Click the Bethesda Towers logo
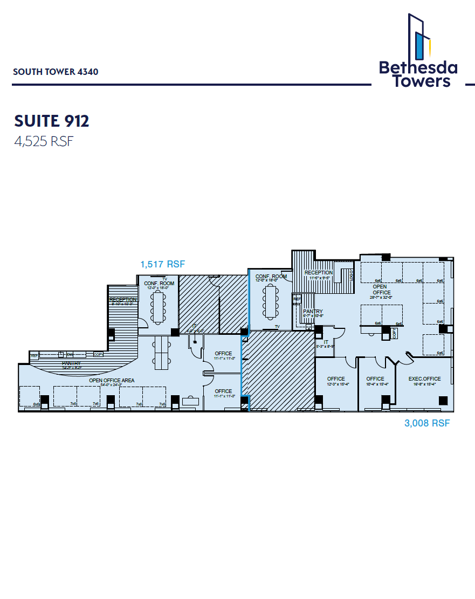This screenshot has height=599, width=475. click(418, 51)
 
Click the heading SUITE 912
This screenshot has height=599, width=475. click(52, 121)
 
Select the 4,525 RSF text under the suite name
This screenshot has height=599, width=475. click(43, 142)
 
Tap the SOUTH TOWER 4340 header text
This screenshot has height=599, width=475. click(56, 72)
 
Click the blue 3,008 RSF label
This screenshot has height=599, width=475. click(427, 423)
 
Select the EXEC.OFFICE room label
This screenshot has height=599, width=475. click(424, 379)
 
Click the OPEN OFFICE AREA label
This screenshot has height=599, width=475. click(112, 381)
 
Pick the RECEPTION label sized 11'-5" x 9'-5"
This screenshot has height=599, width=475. click(319, 273)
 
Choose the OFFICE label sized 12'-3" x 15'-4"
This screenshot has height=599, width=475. click(336, 379)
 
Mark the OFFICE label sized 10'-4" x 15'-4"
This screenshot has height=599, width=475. click(375, 379)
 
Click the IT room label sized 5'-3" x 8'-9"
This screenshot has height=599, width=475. click(326, 342)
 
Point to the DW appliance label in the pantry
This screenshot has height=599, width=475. click(70, 354)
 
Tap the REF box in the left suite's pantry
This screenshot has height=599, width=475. click(35, 355)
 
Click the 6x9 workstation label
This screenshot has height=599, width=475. click(37, 404)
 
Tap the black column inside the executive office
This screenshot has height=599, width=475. click(443, 401)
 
